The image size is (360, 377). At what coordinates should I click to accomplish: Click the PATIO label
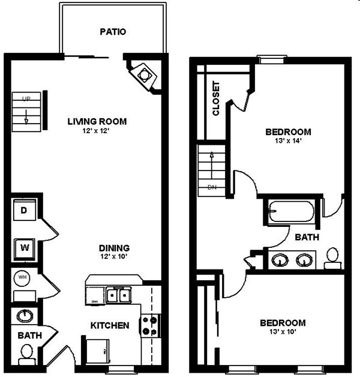113,32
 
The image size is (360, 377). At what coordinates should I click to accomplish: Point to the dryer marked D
25,211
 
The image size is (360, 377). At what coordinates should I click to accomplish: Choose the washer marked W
25,246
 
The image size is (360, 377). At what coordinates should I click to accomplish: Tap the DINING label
114,247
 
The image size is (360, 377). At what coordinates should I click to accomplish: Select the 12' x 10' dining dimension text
114,257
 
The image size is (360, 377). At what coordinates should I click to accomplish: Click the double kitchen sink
118,295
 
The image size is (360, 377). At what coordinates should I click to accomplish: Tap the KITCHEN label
110,325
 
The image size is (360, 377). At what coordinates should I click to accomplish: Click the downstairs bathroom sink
25,316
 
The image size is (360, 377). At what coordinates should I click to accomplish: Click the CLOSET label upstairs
217,98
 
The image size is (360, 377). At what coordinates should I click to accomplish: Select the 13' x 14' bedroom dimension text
289,142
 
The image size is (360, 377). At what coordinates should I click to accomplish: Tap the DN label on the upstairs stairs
212,187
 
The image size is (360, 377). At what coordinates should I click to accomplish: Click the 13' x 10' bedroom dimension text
283,331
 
